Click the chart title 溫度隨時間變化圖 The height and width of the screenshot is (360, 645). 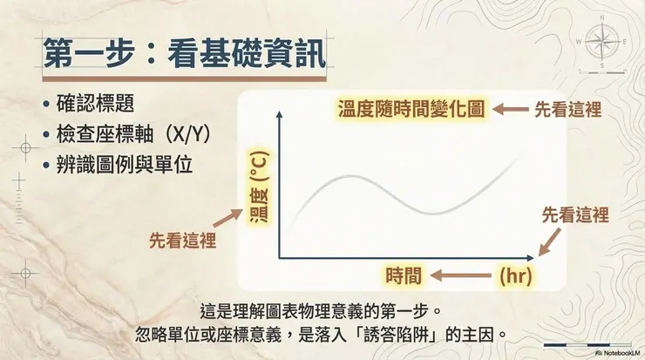click(x=411, y=110)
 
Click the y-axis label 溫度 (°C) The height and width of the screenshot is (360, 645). click(x=259, y=187)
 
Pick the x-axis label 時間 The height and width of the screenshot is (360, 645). click(x=404, y=277)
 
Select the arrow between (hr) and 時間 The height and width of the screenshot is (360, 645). click(x=459, y=277)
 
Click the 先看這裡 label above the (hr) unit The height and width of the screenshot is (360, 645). click(x=575, y=214)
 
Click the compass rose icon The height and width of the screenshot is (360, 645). click(x=602, y=40)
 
